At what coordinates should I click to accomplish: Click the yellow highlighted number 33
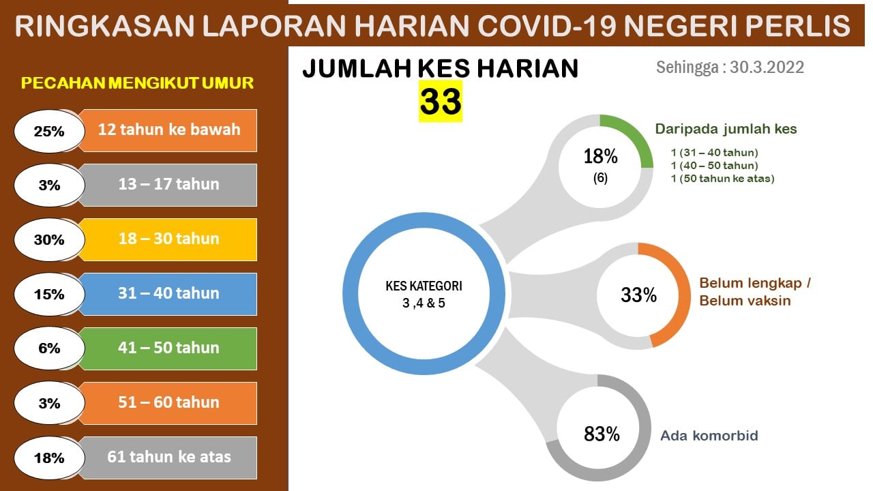[441, 102]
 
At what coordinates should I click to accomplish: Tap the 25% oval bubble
[49, 131]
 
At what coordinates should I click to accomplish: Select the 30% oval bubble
[49, 239]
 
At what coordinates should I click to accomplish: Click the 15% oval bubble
[49, 294]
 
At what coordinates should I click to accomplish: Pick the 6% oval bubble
[49, 348]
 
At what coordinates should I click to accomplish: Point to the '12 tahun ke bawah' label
[169, 130]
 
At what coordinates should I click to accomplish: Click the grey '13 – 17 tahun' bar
[168, 185]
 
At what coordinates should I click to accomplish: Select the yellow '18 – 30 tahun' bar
[168, 239]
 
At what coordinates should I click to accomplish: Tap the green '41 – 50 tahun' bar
[168, 348]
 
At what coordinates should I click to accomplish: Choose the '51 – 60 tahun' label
[168, 402]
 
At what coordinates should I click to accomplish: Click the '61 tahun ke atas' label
[169, 457]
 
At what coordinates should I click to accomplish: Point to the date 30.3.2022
[767, 68]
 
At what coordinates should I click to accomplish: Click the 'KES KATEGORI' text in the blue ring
[424, 286]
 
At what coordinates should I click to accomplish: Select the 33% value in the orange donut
[638, 295]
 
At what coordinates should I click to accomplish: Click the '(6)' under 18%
[600, 178]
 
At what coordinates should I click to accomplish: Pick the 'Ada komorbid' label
[709, 436]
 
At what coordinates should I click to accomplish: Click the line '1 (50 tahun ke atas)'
[722, 179]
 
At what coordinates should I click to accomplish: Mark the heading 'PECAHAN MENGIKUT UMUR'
[137, 83]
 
